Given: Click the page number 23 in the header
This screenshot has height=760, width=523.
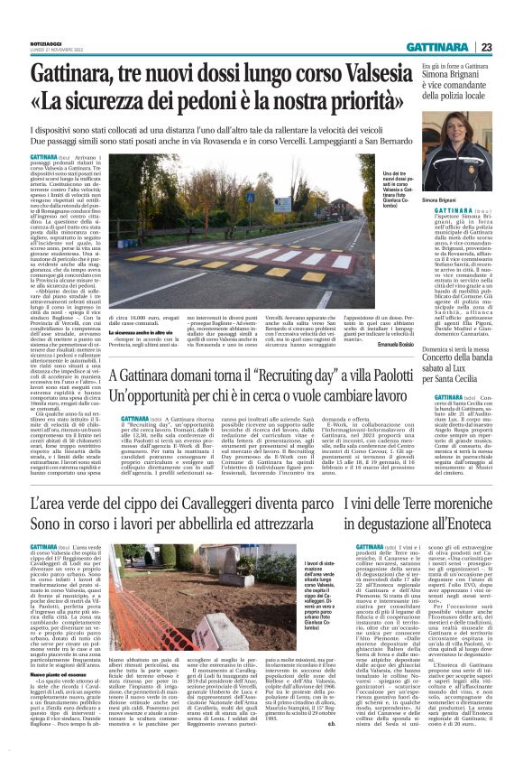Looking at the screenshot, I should point(510,48).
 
